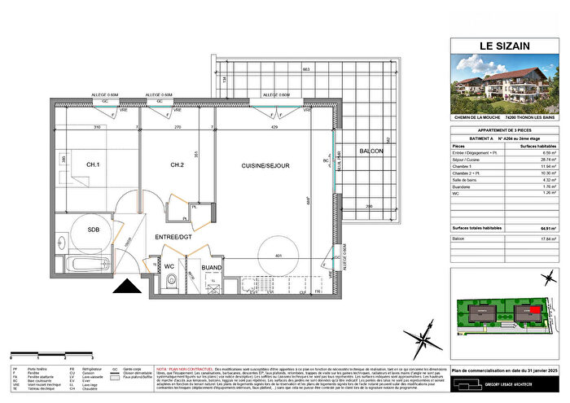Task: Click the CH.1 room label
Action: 92,166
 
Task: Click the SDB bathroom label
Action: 94,230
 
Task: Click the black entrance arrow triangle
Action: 126,286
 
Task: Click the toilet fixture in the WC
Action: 169,282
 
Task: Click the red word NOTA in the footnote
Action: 162,346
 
